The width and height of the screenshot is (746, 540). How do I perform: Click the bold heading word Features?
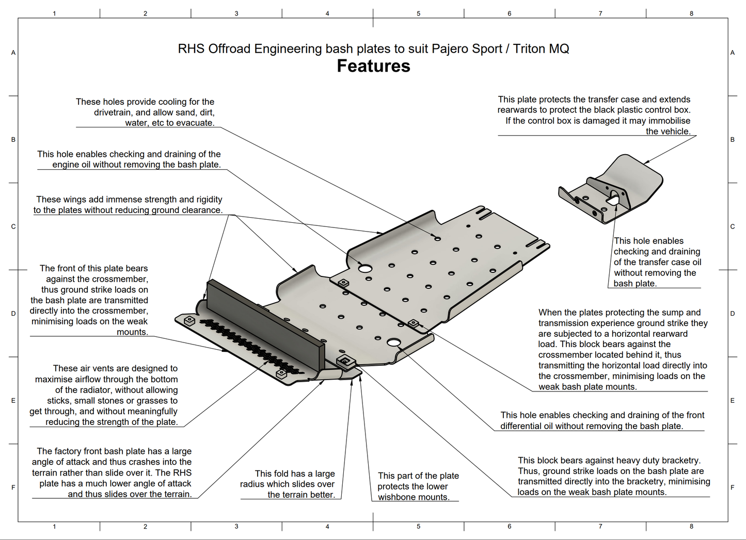[373, 66]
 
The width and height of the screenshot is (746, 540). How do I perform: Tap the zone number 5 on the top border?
[419, 13]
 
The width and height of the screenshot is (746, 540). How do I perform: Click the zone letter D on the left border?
[13, 314]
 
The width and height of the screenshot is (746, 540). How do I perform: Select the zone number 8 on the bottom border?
[691, 527]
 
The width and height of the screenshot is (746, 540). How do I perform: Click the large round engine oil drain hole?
[365, 269]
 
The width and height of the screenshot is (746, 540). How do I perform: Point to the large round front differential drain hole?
[394, 342]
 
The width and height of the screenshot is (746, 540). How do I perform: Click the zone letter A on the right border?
[732, 53]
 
